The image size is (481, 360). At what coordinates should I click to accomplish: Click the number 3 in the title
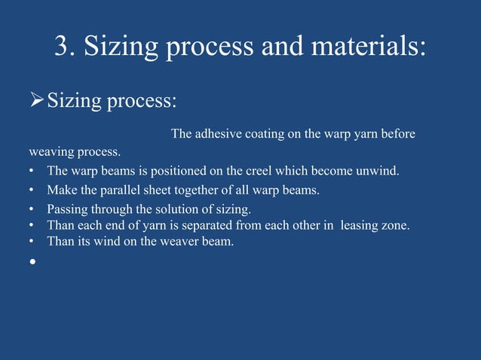tap(63, 47)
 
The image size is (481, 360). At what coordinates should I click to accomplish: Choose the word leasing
tap(363, 224)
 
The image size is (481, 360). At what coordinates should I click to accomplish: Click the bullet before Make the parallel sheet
tap(32, 190)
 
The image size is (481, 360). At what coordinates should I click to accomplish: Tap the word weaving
tap(50, 152)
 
